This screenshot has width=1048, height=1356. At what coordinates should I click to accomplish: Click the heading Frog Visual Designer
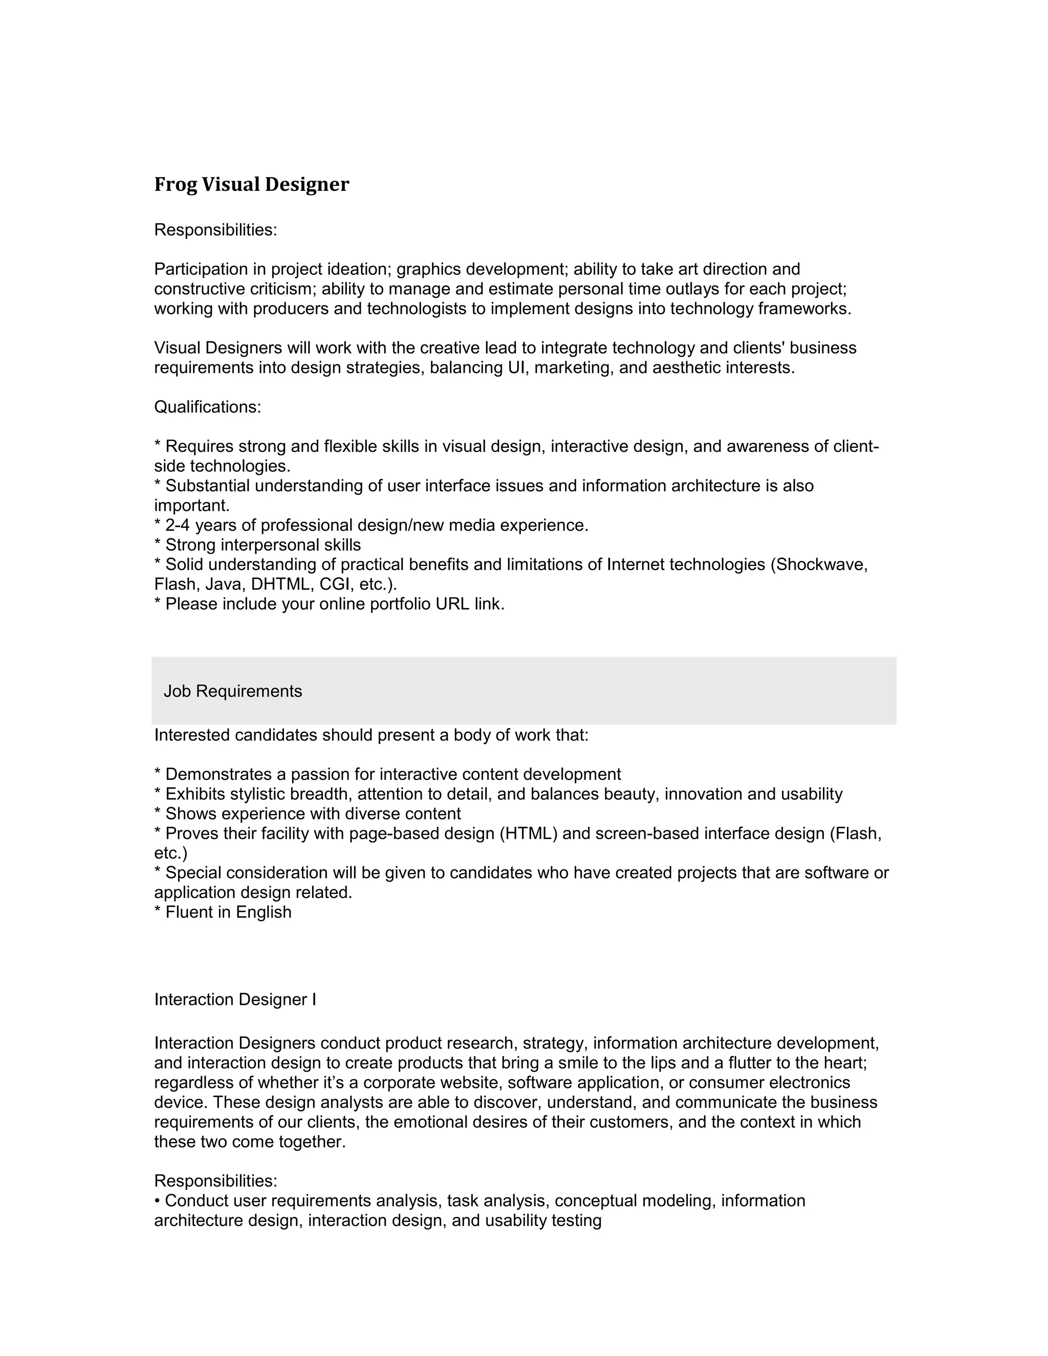click(251, 184)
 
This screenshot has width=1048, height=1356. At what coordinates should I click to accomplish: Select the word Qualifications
click(206, 407)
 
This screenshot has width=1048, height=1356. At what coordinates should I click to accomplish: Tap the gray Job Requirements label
click(233, 691)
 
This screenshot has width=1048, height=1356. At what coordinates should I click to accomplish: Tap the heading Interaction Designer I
click(235, 1000)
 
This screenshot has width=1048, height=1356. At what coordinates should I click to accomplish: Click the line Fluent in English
click(223, 912)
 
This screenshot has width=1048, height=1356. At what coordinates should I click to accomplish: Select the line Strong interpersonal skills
click(258, 545)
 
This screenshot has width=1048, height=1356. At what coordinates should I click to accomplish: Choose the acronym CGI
click(335, 584)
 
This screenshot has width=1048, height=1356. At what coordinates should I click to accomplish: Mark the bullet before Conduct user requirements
click(158, 1201)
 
